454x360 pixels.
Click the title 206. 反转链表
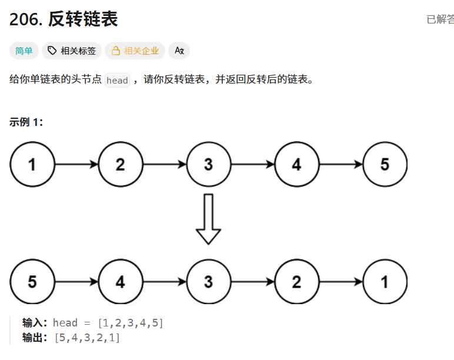coord(64,19)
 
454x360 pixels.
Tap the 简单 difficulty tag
coord(24,51)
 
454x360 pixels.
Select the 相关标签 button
coord(72,51)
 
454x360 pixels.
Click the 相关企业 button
coord(135,51)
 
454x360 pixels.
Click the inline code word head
coord(117,81)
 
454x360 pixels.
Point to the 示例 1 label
coord(26,122)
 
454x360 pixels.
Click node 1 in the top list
coord(32,165)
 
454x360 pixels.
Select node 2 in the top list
coord(120,165)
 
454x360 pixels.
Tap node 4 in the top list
coord(296,165)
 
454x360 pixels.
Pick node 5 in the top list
coord(385,165)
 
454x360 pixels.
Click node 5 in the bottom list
coord(32,282)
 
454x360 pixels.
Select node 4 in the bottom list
coord(120,282)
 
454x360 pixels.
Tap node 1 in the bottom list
coord(385,282)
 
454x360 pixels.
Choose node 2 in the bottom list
coord(296,282)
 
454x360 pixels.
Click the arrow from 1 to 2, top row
coord(76,165)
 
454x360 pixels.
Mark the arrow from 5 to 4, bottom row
coord(76,282)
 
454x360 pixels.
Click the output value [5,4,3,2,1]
coord(86,338)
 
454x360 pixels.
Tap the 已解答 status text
coord(440,19)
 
